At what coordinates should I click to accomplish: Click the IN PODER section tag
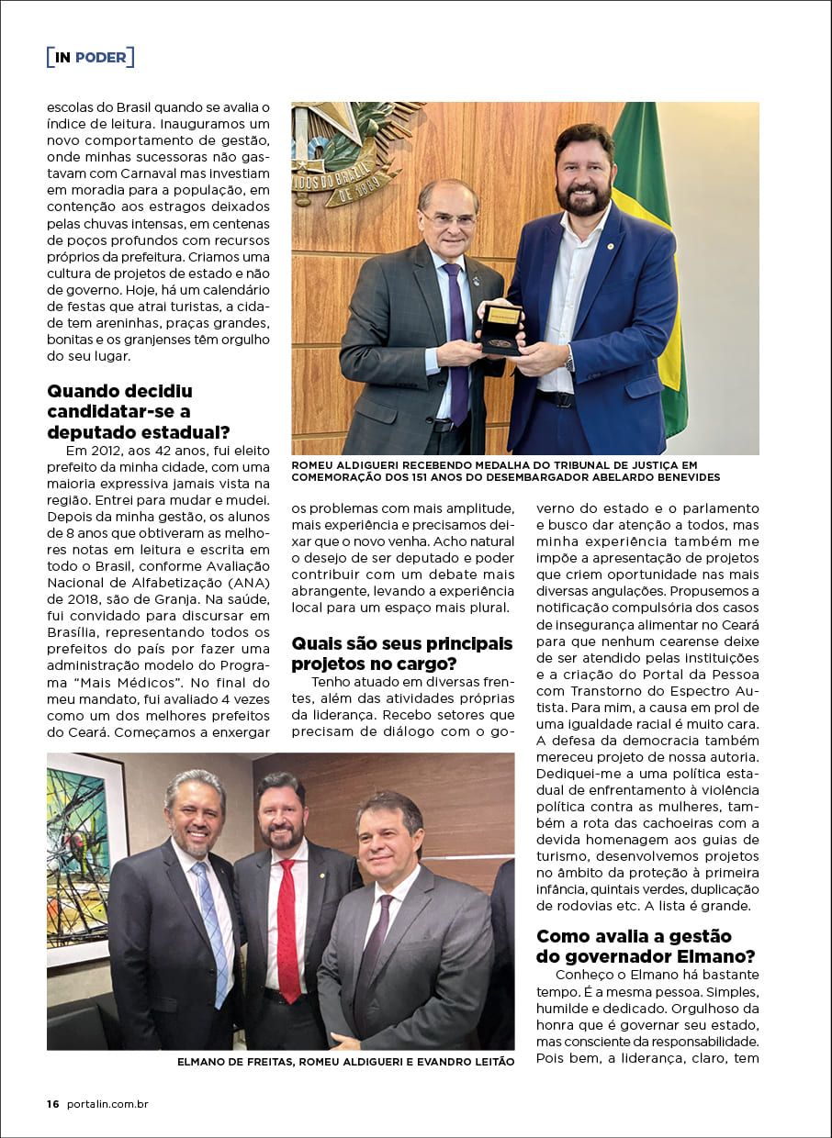click(x=90, y=57)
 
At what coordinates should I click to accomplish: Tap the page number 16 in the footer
click(x=53, y=1104)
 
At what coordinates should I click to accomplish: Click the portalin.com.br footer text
click(x=107, y=1104)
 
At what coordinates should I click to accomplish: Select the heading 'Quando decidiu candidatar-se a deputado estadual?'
click(x=138, y=411)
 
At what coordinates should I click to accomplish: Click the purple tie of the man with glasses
click(x=456, y=330)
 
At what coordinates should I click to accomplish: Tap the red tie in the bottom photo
click(x=288, y=927)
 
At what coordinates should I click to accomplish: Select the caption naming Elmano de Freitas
click(x=345, y=1062)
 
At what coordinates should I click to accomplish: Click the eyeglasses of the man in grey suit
click(x=448, y=220)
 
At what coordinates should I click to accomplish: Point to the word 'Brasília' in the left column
click(x=73, y=633)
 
